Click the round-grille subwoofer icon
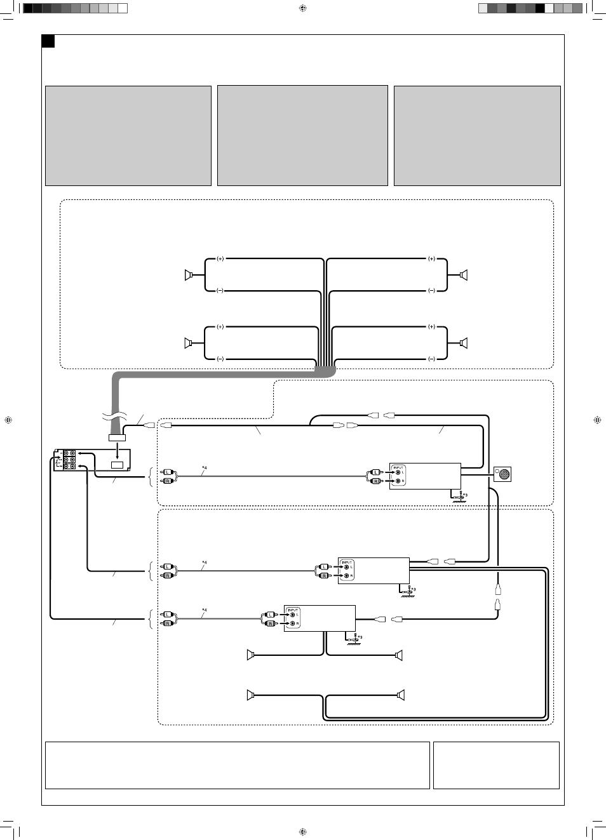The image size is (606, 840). (x=503, y=474)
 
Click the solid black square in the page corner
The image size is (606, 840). (x=48, y=41)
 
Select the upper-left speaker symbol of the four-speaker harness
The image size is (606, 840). (x=188, y=275)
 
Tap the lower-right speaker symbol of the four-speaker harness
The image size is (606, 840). (x=464, y=343)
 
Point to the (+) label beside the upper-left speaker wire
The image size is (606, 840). (x=220, y=258)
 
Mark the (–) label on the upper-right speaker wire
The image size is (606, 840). (x=431, y=291)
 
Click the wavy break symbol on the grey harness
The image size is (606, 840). (x=114, y=417)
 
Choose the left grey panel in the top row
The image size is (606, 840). (x=128, y=136)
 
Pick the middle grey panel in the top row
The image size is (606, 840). (x=302, y=136)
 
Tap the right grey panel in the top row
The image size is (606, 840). (x=477, y=136)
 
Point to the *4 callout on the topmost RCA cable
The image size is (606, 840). (x=205, y=468)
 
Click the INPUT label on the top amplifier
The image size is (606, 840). (x=398, y=468)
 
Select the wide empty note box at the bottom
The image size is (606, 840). (x=238, y=765)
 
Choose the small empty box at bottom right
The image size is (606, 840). (x=496, y=765)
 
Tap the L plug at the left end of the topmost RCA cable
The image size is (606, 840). (x=167, y=472)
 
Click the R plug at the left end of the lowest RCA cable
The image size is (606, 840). (x=167, y=623)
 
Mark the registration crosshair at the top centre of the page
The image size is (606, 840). (x=303, y=8)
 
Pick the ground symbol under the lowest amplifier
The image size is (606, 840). (x=353, y=642)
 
